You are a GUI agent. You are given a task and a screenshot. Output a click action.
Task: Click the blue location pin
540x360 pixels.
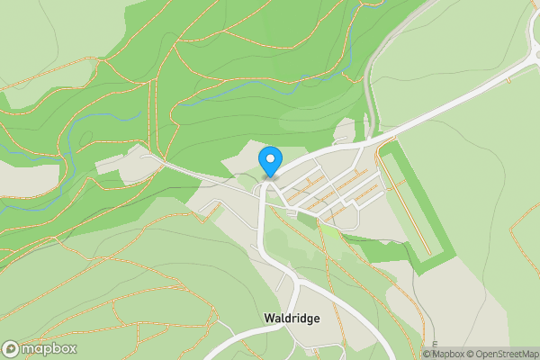269,162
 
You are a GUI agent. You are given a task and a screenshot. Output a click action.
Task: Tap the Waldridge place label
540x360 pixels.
292,318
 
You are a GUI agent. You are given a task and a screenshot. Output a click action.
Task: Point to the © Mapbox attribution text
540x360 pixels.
444,354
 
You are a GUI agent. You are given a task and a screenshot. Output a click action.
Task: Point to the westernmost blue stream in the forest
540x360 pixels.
27,193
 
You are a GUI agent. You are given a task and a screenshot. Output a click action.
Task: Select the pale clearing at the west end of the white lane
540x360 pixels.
112,164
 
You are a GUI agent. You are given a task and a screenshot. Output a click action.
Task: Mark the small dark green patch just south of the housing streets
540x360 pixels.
308,220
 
